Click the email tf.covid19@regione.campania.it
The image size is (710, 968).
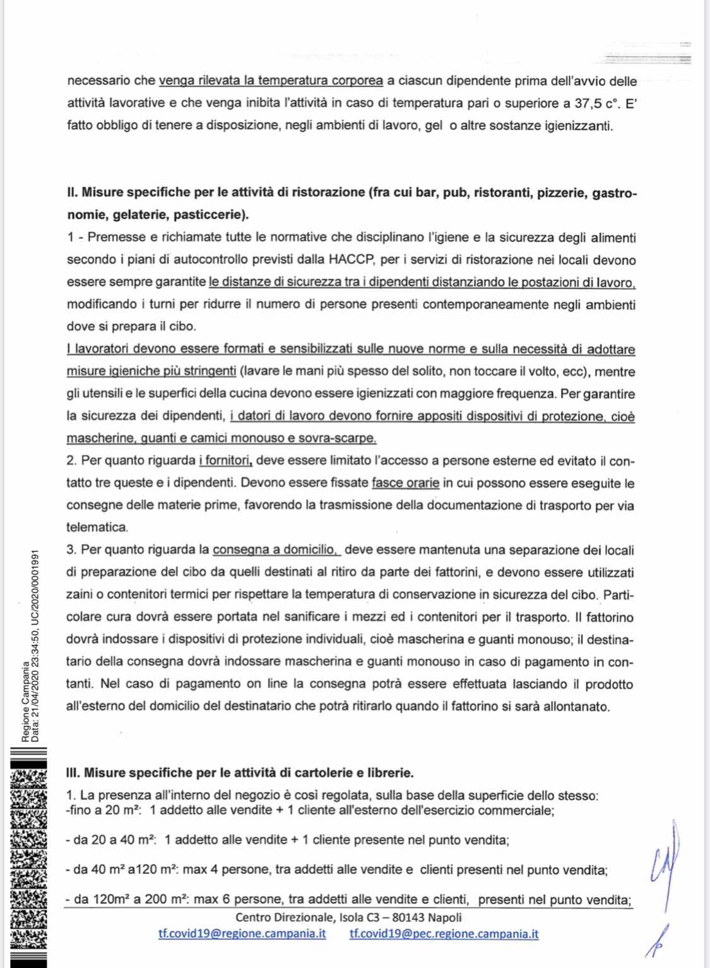click(242, 933)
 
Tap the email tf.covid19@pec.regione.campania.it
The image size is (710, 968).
click(444, 933)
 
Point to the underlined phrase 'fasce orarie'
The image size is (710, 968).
click(405, 483)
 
